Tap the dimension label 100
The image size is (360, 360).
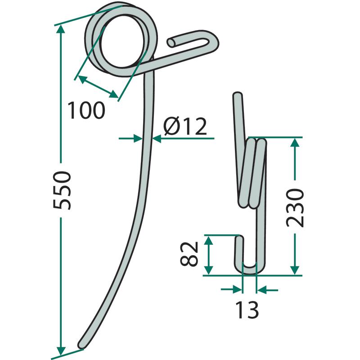(86, 110)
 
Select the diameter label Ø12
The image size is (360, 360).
(185, 126)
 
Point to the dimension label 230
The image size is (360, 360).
(295, 208)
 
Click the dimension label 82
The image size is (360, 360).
(189, 253)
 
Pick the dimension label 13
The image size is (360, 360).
(247, 310)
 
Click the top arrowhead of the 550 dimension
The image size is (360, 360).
(61, 29)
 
